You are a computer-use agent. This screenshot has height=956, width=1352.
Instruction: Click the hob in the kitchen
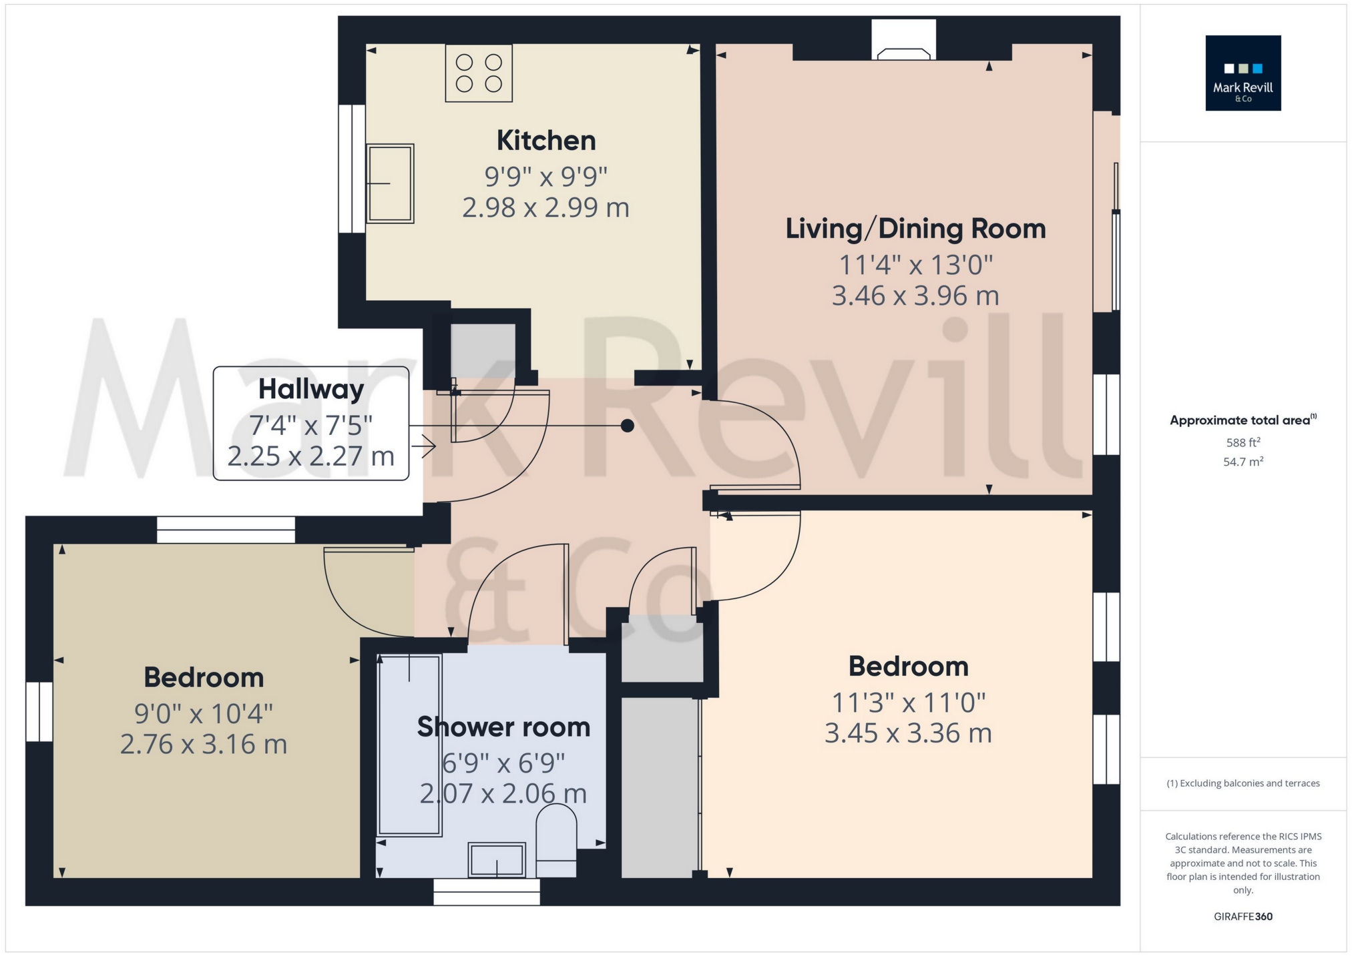[479, 73]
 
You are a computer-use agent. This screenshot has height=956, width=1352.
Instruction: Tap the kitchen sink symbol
[390, 183]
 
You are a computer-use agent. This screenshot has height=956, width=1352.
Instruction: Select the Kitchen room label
[545, 141]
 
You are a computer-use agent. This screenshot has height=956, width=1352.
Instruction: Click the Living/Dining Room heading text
[915, 229]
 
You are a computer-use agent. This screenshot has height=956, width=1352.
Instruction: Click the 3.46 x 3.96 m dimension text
[915, 296]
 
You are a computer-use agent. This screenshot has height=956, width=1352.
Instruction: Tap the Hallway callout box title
[311, 389]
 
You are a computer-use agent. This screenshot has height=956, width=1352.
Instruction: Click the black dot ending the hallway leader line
[627, 426]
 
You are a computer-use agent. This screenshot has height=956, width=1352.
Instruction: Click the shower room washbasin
[497, 859]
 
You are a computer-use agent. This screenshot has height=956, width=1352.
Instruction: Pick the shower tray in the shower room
[409, 744]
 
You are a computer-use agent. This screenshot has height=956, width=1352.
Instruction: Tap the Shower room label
[503, 727]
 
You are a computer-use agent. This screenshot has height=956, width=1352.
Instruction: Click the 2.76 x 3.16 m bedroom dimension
[204, 745]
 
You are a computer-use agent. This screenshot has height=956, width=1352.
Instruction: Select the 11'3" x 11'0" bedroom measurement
[908, 702]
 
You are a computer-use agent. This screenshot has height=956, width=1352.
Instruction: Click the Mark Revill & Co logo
[1243, 73]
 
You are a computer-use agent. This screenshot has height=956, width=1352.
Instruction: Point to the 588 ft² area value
[1243, 442]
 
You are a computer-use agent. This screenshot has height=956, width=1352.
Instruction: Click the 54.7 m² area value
[1243, 462]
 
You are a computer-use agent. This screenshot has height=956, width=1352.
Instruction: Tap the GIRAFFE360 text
[1243, 917]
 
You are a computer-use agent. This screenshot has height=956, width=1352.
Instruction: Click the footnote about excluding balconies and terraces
[1243, 783]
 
